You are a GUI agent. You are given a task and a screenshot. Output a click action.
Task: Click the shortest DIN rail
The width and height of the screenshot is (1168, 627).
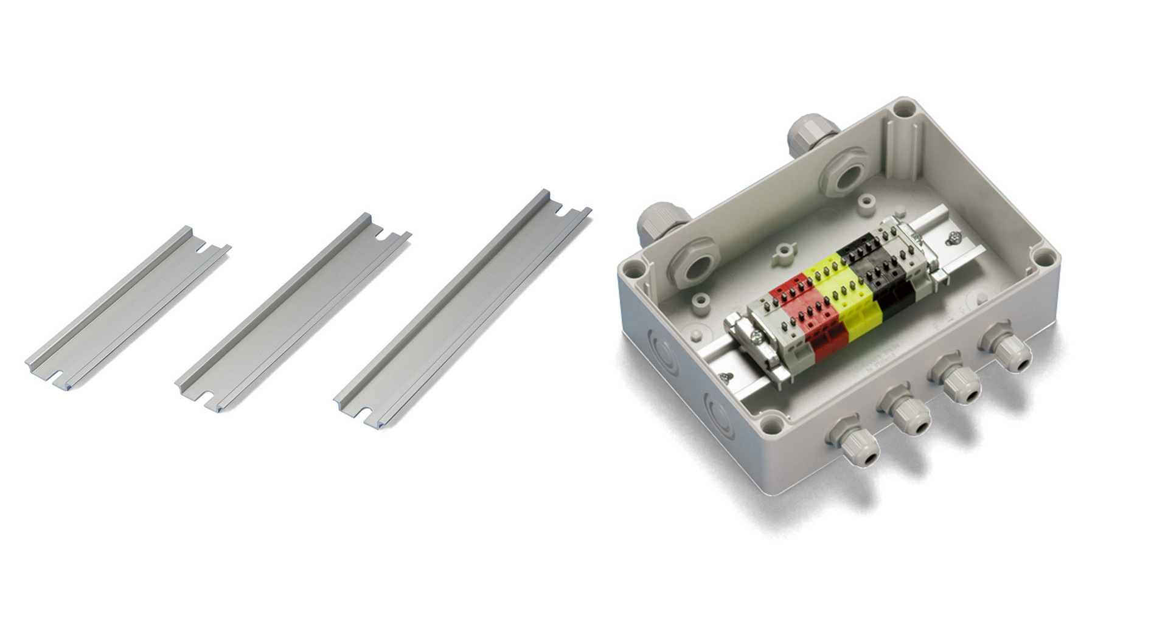(128, 307)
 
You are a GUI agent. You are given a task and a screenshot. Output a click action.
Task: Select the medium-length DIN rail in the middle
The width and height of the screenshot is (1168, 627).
(292, 313)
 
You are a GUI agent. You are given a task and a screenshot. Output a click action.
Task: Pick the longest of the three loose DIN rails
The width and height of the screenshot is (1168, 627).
(462, 310)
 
